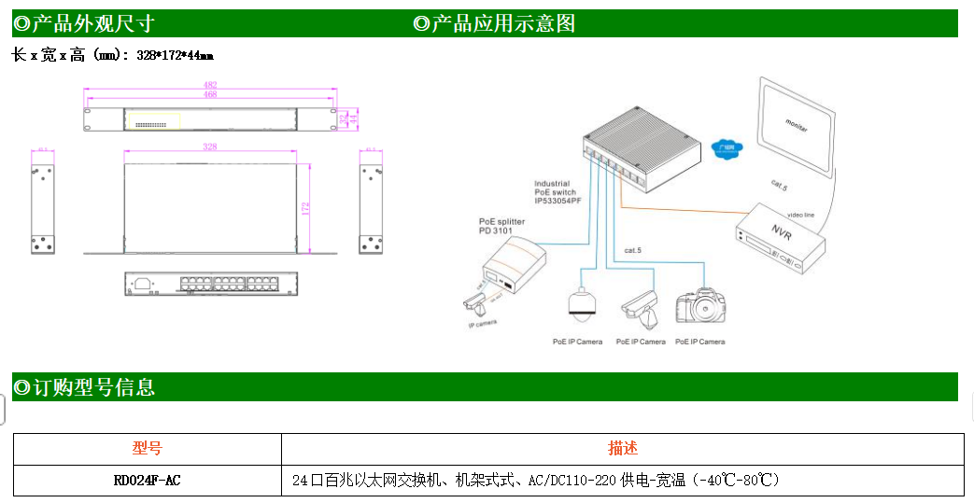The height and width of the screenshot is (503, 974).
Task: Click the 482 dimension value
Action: (210, 86)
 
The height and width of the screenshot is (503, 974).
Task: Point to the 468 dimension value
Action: (210, 94)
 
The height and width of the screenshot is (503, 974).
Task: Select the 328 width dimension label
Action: (210, 147)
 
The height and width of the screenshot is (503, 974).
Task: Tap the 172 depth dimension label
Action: (305, 208)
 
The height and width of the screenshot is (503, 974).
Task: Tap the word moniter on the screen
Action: (797, 126)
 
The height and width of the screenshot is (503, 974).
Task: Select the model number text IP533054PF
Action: (558, 202)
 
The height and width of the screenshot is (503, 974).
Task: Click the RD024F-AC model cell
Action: (147, 481)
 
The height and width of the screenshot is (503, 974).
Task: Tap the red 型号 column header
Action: (147, 449)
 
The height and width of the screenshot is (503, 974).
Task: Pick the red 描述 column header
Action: (623, 449)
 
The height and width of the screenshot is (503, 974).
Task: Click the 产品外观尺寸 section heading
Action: (84, 23)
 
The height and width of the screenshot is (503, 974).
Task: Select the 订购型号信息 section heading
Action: (84, 387)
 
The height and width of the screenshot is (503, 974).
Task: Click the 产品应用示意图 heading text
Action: (495, 23)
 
